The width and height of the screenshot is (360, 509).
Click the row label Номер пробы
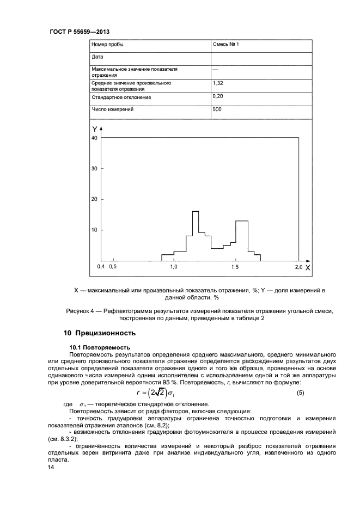click(107, 45)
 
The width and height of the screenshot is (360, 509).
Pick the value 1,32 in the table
click(218, 83)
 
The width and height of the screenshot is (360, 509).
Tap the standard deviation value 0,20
click(218, 96)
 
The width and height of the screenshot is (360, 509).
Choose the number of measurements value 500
click(217, 109)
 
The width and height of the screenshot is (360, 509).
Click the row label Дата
click(96, 57)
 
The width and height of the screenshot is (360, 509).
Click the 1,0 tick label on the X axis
click(174, 267)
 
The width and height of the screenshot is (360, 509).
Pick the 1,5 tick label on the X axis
click(236, 267)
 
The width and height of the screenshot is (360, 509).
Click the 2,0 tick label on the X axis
click(298, 267)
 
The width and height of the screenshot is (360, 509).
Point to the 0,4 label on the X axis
click(101, 267)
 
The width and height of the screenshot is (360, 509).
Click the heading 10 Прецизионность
click(100, 333)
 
